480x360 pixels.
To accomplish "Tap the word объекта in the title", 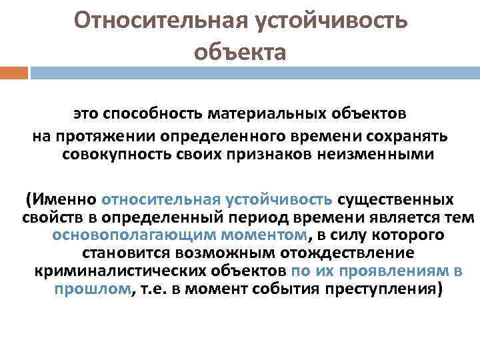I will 240,51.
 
